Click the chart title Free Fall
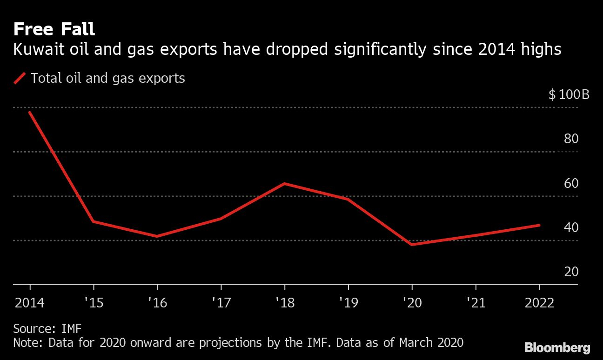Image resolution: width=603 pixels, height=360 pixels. tap(54, 29)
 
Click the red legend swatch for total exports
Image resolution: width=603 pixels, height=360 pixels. tap(20, 78)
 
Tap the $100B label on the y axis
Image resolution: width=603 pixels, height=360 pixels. tap(569, 95)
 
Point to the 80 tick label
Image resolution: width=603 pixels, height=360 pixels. tap(571, 139)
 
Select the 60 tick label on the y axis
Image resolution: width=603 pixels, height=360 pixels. tap(571, 183)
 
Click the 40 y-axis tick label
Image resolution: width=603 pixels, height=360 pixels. tap(571, 227)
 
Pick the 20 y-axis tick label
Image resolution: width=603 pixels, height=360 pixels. tap(571, 272)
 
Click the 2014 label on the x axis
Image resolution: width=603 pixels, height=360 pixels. tap(30, 303)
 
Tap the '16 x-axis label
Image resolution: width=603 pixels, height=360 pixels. tap(157, 303)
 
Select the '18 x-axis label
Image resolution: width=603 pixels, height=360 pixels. tap(284, 303)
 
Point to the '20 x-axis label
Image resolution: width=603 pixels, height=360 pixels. tap(412, 303)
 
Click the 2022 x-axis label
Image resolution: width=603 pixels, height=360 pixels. tap(539, 303)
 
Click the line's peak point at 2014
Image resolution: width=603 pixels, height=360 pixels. tap(30, 113)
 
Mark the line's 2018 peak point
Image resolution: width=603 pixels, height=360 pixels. tap(284, 183)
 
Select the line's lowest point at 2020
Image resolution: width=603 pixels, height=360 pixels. tap(412, 244)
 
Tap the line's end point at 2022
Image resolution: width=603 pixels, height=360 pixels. tap(539, 225)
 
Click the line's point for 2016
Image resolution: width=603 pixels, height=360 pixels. tap(157, 236)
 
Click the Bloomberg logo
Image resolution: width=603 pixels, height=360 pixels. tap(557, 347)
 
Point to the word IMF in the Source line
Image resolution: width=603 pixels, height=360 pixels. tap(71, 329)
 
